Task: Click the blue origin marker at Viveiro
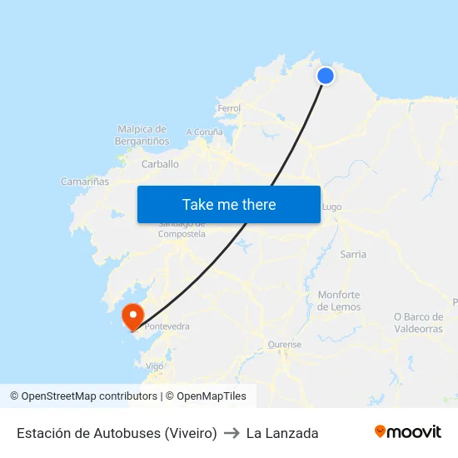pos(326,76)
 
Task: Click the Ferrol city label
pos(228,108)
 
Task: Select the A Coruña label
pos(204,132)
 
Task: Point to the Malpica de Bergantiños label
pos(142,135)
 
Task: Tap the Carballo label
pos(160,164)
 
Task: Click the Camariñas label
pos(85,181)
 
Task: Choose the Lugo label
pos(331,207)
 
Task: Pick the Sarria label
pos(353,254)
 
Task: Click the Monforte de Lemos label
pos(339,301)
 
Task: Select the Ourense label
pos(284,344)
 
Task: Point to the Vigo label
pos(154,366)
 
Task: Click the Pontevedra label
pos(167,326)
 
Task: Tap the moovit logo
pos(407,432)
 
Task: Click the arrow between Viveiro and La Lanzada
pos(231,433)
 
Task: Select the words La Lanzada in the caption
pos(282,433)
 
